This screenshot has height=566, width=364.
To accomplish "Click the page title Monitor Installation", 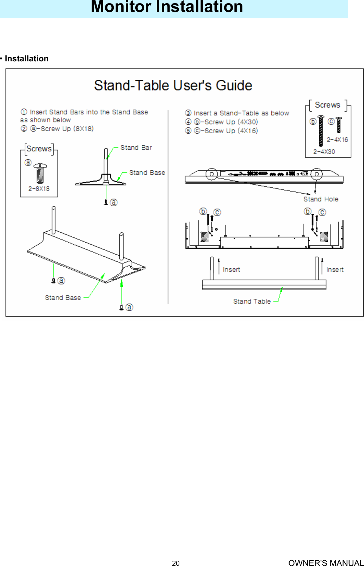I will pos(167,7).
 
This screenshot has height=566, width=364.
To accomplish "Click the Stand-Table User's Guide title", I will pos(173,86).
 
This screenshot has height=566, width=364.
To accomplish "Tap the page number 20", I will pos(175,563).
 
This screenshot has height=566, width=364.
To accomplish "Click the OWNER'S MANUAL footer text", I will pos(326,563).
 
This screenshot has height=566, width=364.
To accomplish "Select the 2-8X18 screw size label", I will pos(39,189).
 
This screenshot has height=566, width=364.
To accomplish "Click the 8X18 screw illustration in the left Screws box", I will pos(40,173).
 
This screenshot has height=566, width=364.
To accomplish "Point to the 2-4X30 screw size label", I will pos(324,152).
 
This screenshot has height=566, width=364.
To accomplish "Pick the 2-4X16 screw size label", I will pos(337,140).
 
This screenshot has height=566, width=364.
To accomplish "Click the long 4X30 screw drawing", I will pos(321,131).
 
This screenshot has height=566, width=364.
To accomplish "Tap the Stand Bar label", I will pos(136,147).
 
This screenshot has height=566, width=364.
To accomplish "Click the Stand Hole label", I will pos(321,199).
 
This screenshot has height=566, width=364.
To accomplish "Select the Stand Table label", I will pos(252,301).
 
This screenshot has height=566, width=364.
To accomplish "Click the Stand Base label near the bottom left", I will pos(63,298).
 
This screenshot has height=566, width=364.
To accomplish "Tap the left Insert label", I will pos(231,269).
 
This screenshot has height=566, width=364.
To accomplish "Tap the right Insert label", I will pos(334,269).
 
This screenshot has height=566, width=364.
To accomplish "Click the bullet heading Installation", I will pos(26,59).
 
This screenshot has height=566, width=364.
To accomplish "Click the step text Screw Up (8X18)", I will pos(67,129).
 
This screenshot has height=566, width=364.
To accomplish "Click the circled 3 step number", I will pos(188,113).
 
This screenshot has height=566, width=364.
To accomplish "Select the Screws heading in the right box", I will pos(327,105).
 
